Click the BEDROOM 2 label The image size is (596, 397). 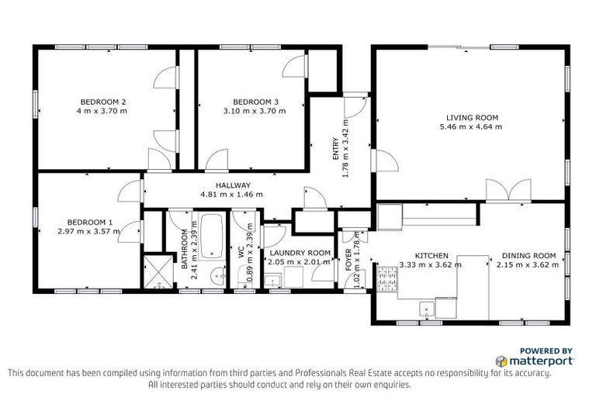coord(103,102)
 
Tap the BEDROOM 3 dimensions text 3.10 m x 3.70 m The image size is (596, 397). coord(255,111)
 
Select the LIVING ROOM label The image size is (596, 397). coord(469,118)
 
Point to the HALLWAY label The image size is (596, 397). coord(233,185)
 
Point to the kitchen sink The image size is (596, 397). coord(426,309)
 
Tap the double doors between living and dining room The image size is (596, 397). coord(508,191)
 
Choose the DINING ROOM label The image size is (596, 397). coord(528,255)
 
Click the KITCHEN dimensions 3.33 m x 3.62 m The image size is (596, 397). coord(431,264)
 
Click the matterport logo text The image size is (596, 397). coord(542,361)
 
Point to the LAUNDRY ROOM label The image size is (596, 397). coord(299,253)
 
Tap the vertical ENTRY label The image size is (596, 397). coord(336,144)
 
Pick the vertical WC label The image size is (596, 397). coord(241,251)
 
